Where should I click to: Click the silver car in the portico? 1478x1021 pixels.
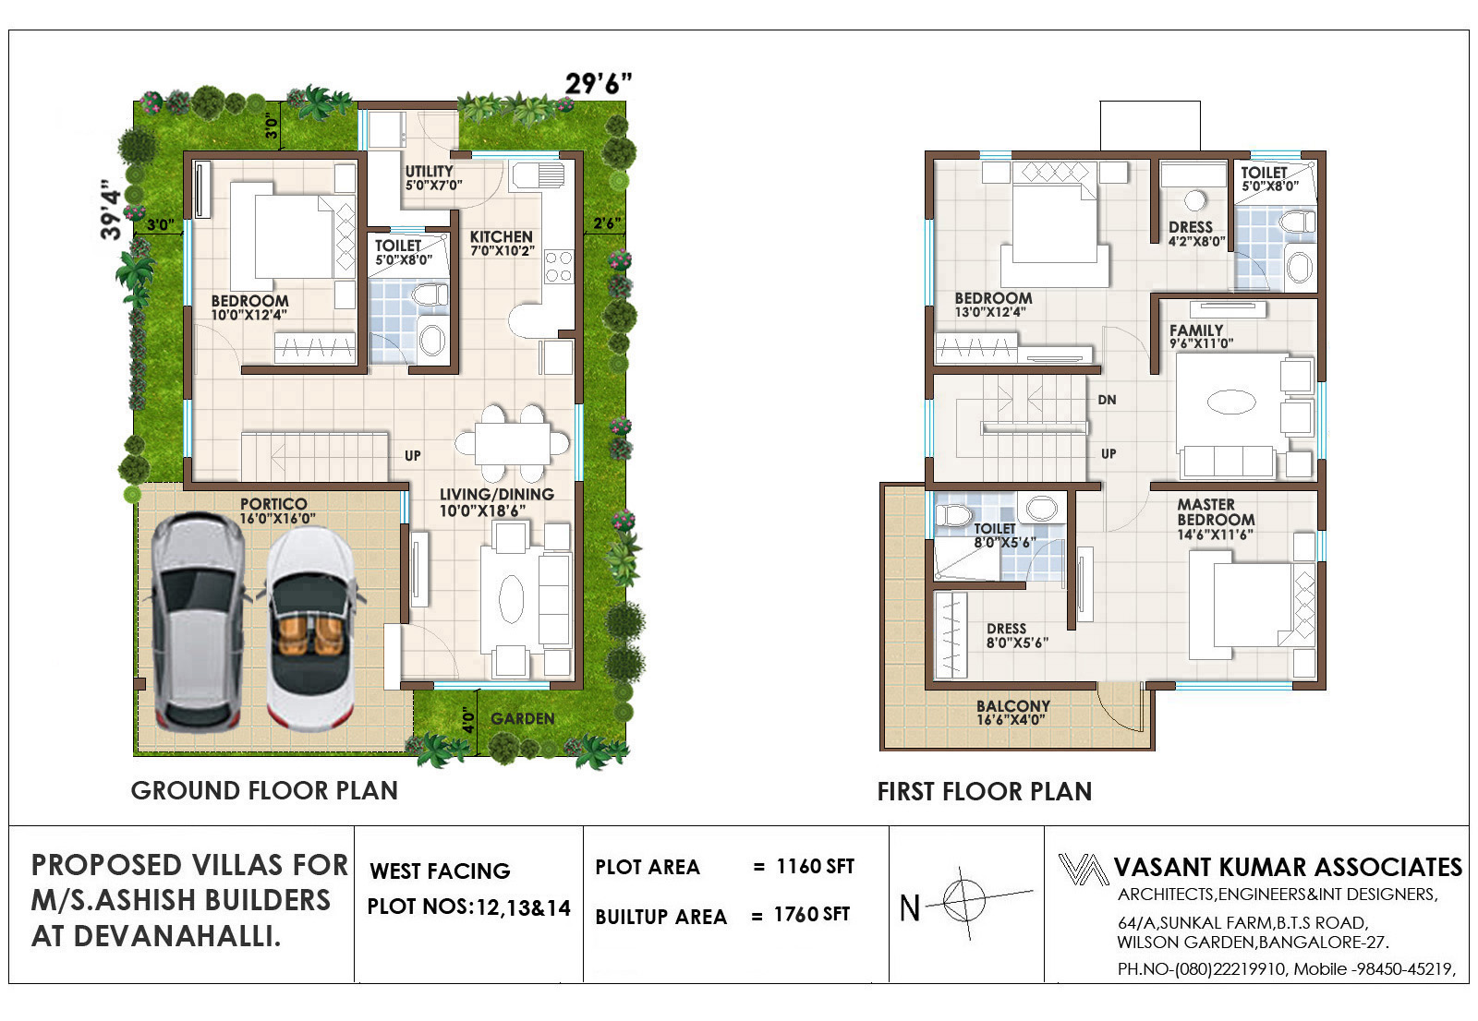coord(198,622)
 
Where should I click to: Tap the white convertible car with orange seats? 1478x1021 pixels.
coord(310,629)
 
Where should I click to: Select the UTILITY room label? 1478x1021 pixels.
coord(429,172)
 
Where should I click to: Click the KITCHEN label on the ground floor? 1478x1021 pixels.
coord(502,236)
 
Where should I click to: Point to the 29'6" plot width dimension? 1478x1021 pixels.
coord(598,84)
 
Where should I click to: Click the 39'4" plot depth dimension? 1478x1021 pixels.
coord(112,210)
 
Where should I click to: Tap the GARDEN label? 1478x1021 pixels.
coord(523,718)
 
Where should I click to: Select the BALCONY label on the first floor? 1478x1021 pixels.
coord(1013,705)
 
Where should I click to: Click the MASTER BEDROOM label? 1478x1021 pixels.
coord(1216,511)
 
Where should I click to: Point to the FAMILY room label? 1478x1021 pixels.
coord(1196,330)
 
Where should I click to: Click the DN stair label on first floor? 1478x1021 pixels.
coord(1108,400)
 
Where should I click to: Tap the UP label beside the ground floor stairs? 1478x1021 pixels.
coord(413,456)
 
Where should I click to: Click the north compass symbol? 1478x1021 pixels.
coord(964,901)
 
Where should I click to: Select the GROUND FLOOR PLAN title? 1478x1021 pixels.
coord(264,790)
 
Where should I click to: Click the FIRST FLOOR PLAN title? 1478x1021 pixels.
coord(985,791)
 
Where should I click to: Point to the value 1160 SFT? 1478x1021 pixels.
coord(816,866)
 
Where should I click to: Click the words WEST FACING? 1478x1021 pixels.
coord(440,871)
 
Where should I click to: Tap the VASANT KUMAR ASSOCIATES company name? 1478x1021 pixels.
coord(1288,867)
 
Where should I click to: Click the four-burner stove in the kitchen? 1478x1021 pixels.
coord(558,267)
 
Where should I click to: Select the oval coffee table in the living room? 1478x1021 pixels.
coord(512,599)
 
